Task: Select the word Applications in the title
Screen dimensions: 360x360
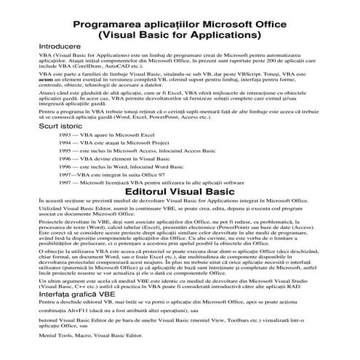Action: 227,34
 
